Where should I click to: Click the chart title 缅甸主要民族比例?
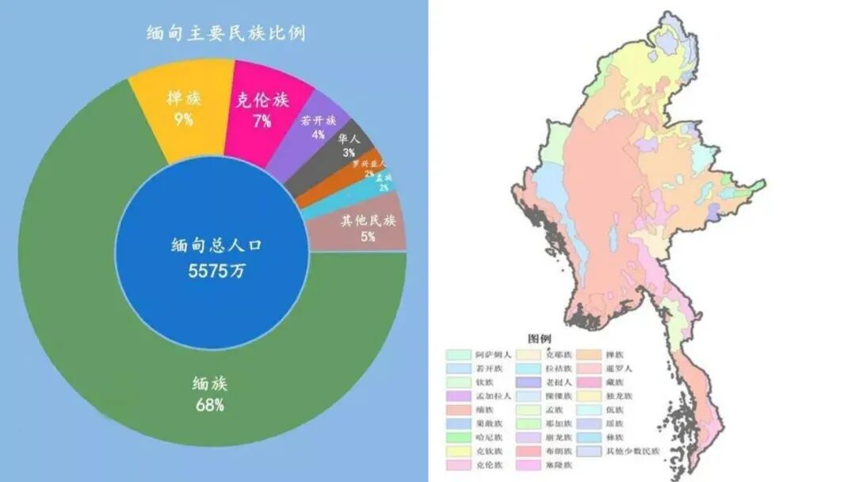pos(227,33)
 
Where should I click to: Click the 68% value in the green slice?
pos(210,405)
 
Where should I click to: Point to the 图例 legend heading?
pos(539,339)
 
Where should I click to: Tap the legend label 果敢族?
pos(489,424)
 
